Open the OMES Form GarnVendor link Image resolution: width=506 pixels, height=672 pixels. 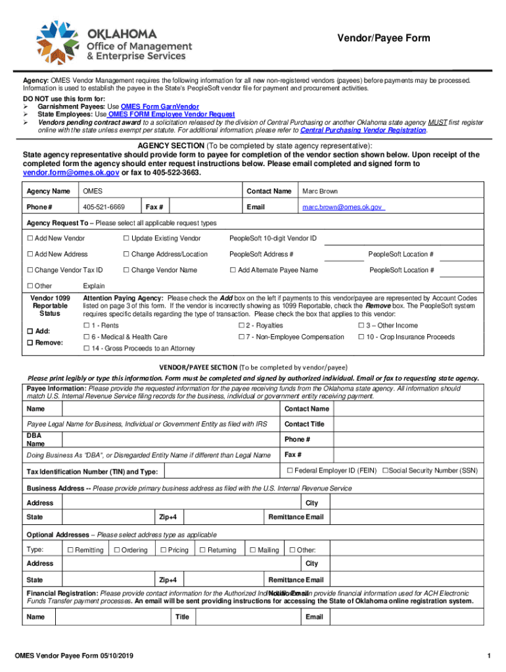(x=160, y=106)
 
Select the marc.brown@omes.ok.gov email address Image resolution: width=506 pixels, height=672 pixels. (x=342, y=207)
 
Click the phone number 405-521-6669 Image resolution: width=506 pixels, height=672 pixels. (x=103, y=207)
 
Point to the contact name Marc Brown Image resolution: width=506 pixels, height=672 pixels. (x=320, y=191)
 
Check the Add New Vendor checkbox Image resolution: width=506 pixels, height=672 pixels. (x=30, y=238)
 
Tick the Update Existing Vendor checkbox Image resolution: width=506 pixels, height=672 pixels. (x=126, y=238)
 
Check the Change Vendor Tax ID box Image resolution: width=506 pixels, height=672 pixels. (x=30, y=270)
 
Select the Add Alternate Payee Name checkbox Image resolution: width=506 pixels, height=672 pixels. (x=233, y=270)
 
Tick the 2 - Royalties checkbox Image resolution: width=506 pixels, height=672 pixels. (x=241, y=325)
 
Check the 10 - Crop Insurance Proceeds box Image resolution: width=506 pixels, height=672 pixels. (x=361, y=337)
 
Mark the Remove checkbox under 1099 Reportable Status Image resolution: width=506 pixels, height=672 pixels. (x=30, y=343)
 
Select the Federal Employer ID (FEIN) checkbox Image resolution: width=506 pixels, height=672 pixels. (x=289, y=470)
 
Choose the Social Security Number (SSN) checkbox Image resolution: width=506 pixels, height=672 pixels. (x=385, y=470)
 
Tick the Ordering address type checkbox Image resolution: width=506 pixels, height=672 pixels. (x=117, y=550)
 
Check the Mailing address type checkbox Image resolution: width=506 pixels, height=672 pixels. (x=252, y=550)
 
